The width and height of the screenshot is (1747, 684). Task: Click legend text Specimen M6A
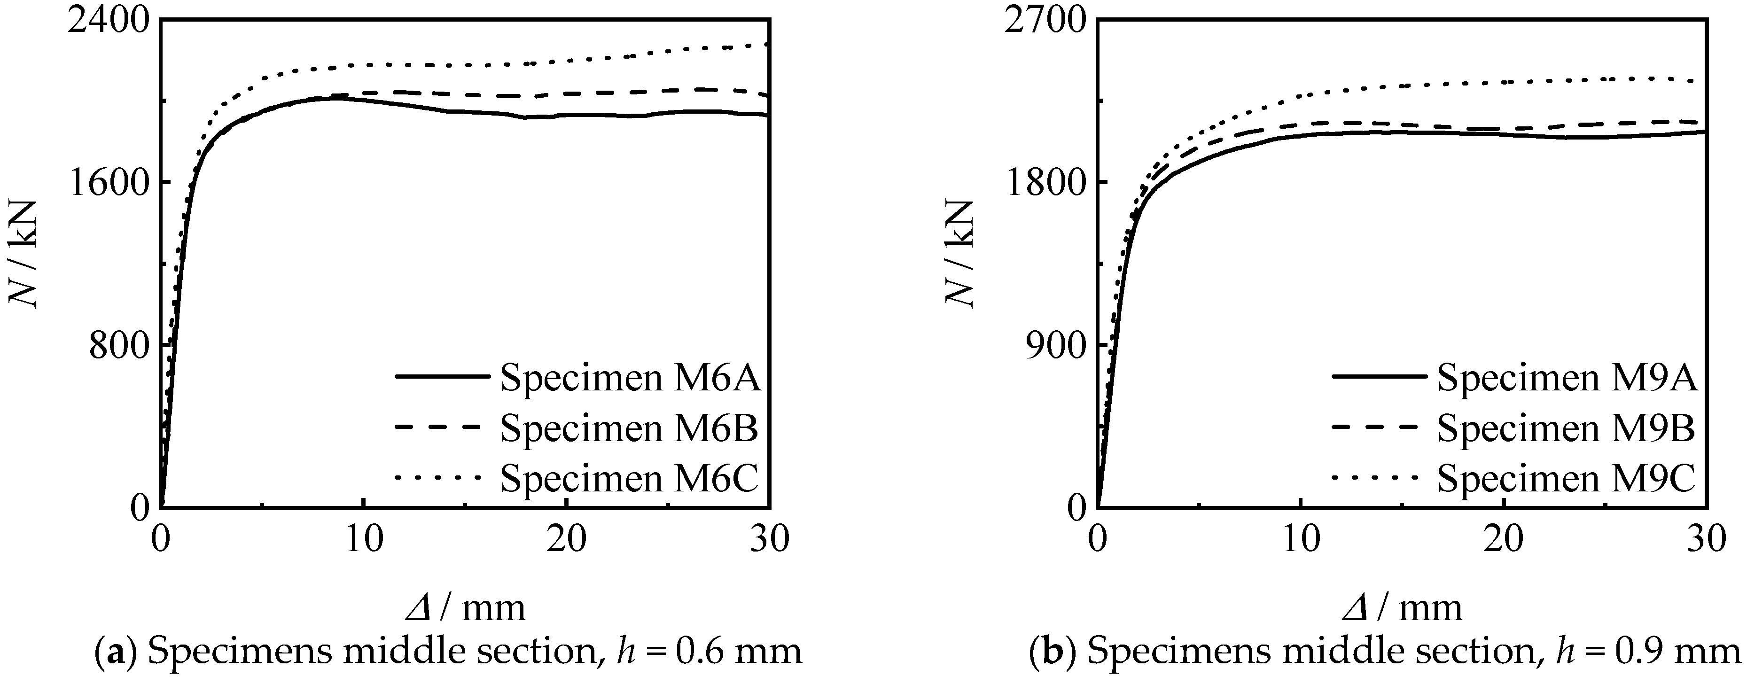(x=631, y=378)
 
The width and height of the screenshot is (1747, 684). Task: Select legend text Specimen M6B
(x=629, y=428)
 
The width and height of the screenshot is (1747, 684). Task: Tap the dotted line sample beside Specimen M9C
(x=1375, y=477)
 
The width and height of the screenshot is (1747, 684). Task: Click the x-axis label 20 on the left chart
(x=566, y=540)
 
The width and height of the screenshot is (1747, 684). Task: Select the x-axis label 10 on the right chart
(x=1300, y=540)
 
